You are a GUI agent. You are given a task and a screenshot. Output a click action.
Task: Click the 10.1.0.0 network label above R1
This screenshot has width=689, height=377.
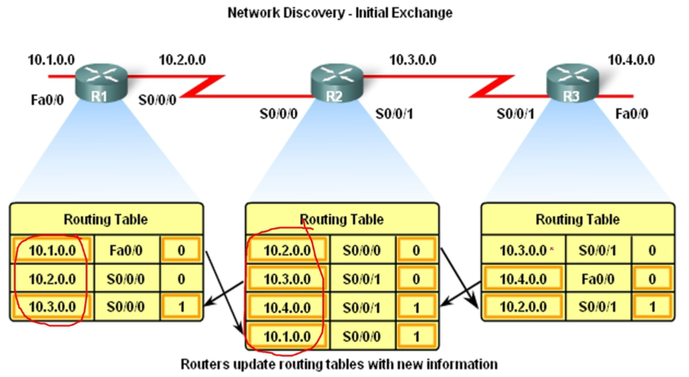(51, 60)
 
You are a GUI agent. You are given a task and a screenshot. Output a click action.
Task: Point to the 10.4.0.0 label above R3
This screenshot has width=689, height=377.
(631, 60)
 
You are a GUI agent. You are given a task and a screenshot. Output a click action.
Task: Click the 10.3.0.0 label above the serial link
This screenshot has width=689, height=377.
(413, 60)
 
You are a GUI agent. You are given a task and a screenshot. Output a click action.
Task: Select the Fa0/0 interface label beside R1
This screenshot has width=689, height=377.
(47, 100)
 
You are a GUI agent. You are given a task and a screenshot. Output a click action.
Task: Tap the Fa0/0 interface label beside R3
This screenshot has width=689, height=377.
(632, 114)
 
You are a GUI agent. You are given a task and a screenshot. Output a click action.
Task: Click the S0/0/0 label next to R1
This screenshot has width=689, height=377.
(157, 100)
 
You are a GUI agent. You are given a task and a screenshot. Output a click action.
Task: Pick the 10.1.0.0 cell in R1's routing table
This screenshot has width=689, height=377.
(52, 250)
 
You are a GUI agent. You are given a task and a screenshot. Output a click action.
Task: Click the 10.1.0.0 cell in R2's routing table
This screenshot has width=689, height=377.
(287, 336)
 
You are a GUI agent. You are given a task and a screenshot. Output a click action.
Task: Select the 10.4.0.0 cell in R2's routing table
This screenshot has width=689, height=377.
(287, 308)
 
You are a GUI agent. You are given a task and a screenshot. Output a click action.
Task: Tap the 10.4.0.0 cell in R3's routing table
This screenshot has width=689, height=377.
(523, 279)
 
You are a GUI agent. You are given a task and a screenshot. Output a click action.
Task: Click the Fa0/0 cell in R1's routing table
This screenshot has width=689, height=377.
(126, 250)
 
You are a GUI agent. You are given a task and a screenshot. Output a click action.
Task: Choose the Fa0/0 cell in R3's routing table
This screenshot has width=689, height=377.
(598, 279)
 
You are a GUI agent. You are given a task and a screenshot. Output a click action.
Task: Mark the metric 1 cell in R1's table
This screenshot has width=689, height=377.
(181, 307)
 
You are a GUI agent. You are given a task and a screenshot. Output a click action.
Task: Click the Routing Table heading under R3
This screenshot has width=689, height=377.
(577, 220)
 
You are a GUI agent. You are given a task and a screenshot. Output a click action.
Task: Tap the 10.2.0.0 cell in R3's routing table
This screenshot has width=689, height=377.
(523, 307)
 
